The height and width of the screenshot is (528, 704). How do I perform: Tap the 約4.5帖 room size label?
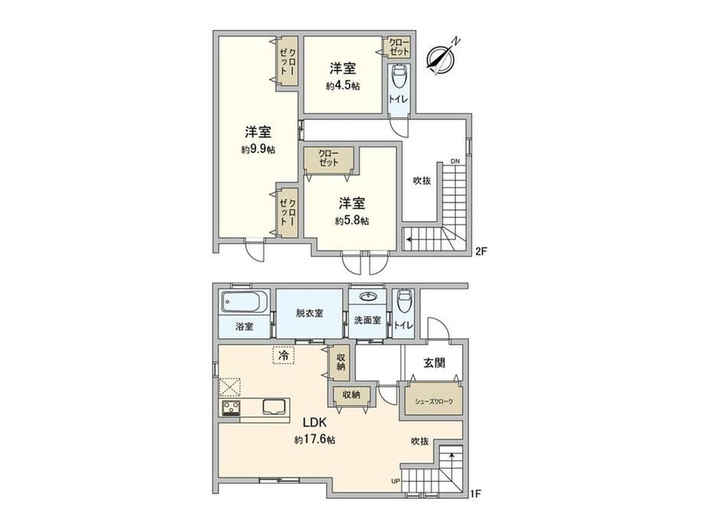[x=343, y=86]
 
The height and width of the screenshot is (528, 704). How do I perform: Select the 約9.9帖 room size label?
[x=258, y=149]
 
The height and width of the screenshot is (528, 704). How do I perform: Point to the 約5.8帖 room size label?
[x=352, y=220]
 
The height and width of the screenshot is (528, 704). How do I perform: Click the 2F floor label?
[x=481, y=252]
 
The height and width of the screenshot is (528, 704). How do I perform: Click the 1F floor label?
[x=475, y=494]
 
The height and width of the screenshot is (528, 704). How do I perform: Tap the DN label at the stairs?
[x=455, y=161]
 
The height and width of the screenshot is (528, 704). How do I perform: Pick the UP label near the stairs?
[x=396, y=482]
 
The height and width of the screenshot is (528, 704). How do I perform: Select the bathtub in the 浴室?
[x=244, y=302]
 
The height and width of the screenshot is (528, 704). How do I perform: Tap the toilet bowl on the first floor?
[x=403, y=298]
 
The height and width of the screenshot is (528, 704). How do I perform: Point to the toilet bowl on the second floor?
[x=399, y=77]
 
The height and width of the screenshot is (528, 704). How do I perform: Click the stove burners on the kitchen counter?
[x=230, y=408]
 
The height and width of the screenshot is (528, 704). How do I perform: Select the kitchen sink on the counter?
[x=274, y=408]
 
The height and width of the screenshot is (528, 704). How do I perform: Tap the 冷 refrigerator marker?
[x=283, y=356]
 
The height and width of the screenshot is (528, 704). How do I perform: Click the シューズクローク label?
[x=434, y=402]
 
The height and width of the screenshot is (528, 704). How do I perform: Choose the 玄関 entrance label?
[x=434, y=363]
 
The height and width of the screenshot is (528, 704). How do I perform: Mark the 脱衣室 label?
[x=309, y=314]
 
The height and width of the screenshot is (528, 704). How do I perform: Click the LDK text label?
[x=315, y=423]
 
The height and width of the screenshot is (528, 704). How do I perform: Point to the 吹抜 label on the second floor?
[x=422, y=181]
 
